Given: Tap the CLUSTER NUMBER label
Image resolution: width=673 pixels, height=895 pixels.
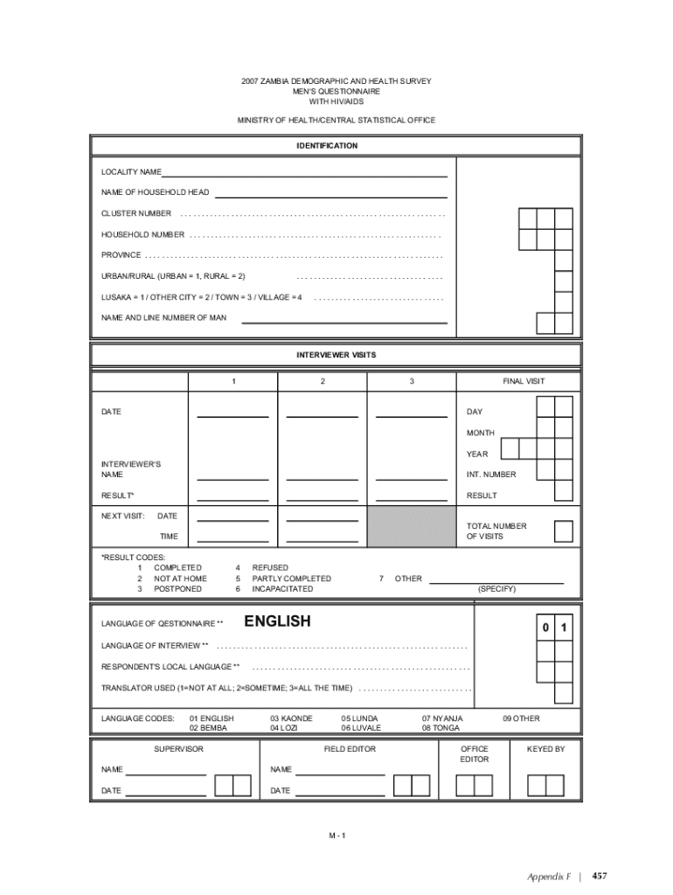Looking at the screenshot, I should pos(136,213).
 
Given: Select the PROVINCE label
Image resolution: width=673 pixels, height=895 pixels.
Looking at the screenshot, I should pos(121,255).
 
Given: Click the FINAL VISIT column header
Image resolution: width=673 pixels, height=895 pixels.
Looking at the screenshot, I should pos(524,382).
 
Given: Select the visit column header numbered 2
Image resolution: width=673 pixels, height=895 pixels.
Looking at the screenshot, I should pos(323,382).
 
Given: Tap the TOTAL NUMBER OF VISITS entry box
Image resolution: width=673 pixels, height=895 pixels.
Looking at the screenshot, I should pos(565,531).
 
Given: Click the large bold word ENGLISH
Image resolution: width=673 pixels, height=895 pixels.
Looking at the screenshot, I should pos(277,621).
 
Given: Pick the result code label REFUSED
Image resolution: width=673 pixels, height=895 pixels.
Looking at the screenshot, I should pos(270,568).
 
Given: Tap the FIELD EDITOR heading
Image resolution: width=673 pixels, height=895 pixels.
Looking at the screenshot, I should pos(350,749).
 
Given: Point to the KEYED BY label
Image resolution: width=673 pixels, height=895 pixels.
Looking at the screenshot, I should pos(546,749).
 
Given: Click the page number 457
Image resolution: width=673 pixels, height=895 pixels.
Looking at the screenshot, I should pos(600,875).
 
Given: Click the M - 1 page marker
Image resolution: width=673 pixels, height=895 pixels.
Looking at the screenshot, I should pos(337,836).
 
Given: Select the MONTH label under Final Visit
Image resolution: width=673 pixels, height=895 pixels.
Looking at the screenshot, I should pos(481,433).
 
